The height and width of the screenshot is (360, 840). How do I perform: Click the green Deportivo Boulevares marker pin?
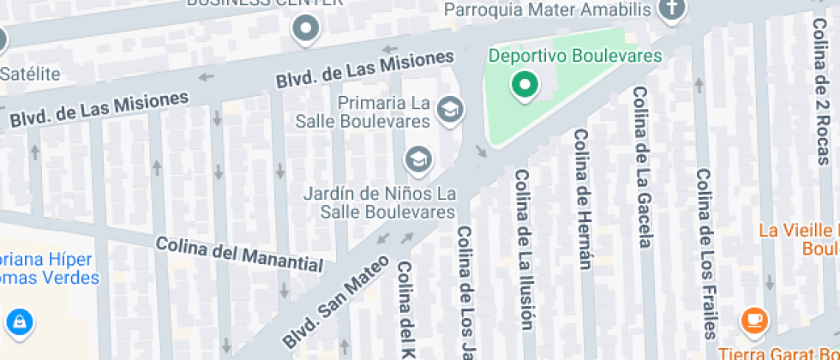tap(525, 84)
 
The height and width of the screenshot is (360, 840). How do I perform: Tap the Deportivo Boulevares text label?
tap(575, 57)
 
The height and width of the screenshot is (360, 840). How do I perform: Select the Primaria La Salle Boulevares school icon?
tap(449, 109)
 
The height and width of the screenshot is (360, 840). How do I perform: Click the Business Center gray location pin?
tap(305, 31)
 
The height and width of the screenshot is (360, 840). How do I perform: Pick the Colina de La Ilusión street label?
tap(524, 249)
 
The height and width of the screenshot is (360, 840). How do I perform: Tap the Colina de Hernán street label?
tap(584, 199)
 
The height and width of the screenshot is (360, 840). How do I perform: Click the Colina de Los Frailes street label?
tap(705, 253)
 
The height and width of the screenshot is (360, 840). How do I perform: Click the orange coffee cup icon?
tap(754, 321)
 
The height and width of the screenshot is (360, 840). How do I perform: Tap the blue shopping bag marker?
tap(18, 322)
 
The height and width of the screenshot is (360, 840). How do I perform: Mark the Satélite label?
tap(30, 74)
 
